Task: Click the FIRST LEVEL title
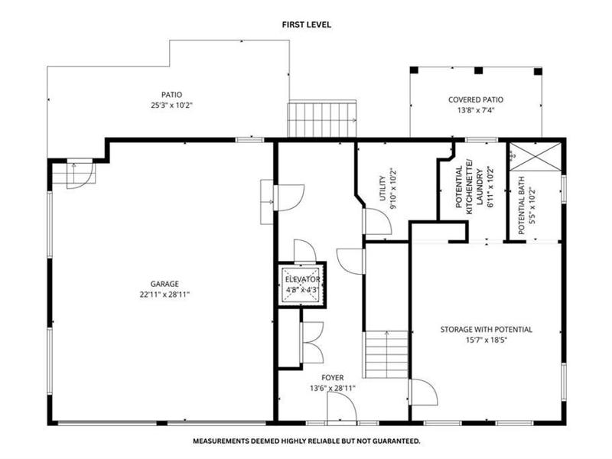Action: click(307, 24)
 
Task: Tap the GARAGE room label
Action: click(164, 284)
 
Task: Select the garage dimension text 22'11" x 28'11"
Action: click(164, 295)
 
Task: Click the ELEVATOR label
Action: click(302, 279)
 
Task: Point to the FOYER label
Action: click(333, 378)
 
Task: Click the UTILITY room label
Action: click(382, 188)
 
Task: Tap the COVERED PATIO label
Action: click(476, 100)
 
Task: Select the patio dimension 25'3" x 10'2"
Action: click(171, 105)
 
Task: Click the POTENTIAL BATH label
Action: click(522, 206)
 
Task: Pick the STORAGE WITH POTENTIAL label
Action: click(487, 330)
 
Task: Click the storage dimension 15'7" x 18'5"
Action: click(487, 340)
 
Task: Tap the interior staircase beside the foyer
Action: click(386, 354)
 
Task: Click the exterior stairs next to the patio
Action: click(322, 119)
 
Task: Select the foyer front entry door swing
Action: click(342, 407)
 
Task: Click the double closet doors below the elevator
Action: click(312, 343)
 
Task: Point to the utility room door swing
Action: click(377, 222)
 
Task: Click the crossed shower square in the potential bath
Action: click(535, 157)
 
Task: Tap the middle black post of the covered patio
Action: click(479, 70)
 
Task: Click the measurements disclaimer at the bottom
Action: click(307, 441)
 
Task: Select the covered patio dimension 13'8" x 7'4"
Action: click(476, 110)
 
